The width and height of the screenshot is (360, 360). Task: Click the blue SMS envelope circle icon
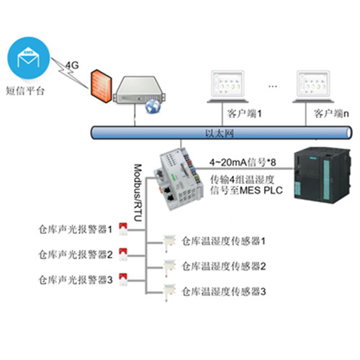(x=29, y=58)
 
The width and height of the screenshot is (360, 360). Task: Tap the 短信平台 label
(x=25, y=91)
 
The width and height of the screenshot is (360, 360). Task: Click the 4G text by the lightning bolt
(x=72, y=65)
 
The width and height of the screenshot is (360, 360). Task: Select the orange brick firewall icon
(x=101, y=86)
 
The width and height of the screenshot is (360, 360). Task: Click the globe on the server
(x=153, y=106)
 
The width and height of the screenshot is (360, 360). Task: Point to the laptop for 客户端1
(x=228, y=86)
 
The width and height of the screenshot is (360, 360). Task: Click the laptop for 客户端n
(x=313, y=86)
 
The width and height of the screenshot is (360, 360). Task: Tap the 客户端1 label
(x=244, y=114)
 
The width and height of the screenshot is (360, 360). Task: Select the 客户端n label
(x=331, y=114)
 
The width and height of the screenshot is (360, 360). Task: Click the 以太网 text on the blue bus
(x=220, y=133)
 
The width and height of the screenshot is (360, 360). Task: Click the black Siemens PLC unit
(x=323, y=176)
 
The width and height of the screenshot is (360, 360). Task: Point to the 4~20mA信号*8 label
(x=243, y=163)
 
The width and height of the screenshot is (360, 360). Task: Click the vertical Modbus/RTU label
(x=138, y=192)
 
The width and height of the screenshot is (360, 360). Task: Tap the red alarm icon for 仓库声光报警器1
(x=123, y=229)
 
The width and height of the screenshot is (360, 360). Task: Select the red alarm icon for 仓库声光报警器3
(x=123, y=279)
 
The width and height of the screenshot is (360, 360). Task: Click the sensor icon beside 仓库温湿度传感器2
(x=169, y=268)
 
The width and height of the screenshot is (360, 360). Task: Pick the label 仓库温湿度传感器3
(x=224, y=292)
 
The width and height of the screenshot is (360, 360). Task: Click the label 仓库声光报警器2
(x=76, y=255)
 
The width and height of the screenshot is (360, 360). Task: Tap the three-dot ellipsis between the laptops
(x=273, y=86)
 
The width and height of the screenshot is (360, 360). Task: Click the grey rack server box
(x=139, y=90)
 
